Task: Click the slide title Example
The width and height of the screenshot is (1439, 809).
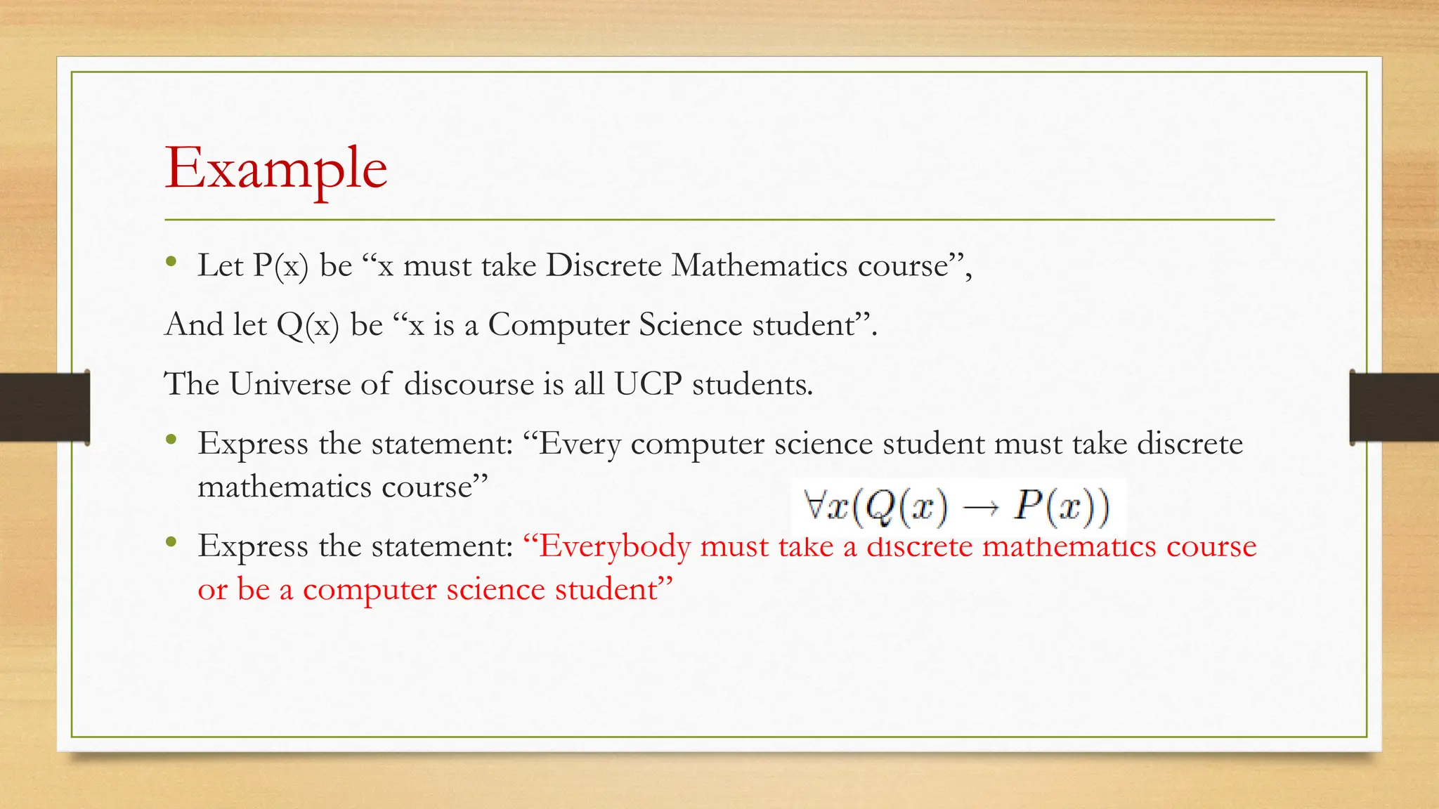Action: point(275,169)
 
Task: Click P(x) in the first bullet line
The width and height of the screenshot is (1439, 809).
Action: point(280,266)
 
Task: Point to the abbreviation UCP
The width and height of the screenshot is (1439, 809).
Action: point(648,384)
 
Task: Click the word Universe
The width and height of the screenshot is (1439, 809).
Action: point(289,384)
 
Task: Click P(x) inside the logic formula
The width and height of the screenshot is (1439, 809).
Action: point(1061,506)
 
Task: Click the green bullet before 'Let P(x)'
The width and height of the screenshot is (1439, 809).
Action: point(171,263)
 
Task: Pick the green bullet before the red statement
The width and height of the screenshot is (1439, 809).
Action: point(171,542)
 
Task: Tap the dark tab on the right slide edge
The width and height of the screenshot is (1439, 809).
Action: point(1394,407)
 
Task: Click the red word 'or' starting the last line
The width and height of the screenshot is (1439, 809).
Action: point(212,590)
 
